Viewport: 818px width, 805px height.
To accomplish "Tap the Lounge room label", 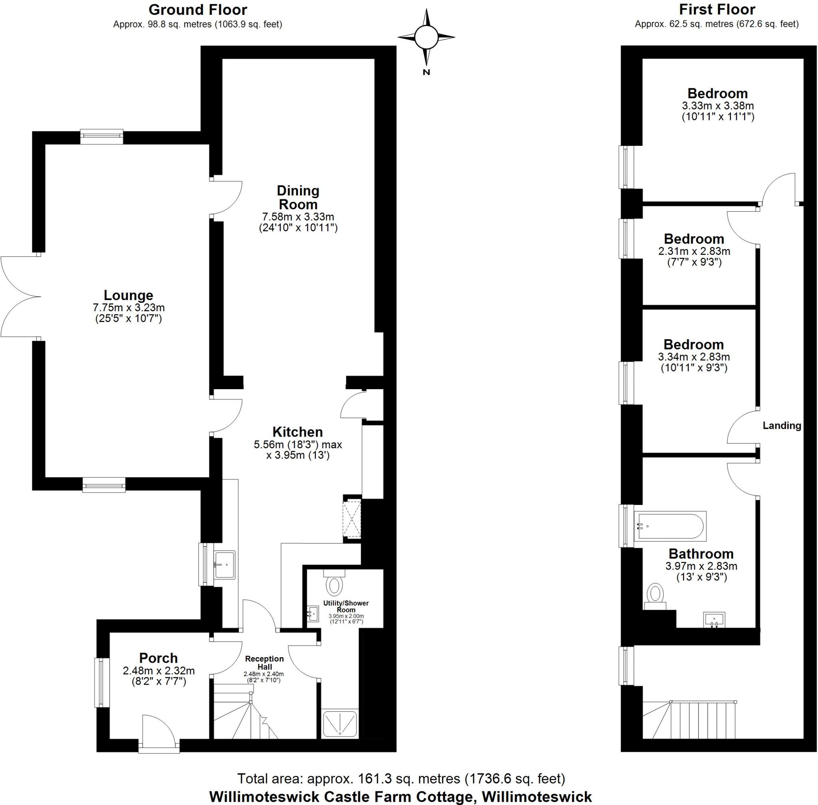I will tap(129, 295).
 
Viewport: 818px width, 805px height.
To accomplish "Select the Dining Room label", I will tap(298, 197).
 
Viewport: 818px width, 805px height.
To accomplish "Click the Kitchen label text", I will tap(298, 432).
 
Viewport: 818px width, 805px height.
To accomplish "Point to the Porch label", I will tap(159, 658).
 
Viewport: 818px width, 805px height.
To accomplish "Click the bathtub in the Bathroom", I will tap(671, 527).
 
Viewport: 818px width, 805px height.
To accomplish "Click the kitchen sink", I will tap(224, 564).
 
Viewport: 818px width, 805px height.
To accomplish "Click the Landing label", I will tap(782, 425).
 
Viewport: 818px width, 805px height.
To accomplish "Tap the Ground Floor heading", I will tap(198, 9).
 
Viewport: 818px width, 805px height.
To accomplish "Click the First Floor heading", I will tap(717, 9).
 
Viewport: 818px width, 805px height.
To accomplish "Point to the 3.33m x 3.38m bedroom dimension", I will tap(718, 106).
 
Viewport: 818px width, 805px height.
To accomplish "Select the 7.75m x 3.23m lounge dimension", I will tap(129, 307).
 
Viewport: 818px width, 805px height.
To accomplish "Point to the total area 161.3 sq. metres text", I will tap(401, 778).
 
